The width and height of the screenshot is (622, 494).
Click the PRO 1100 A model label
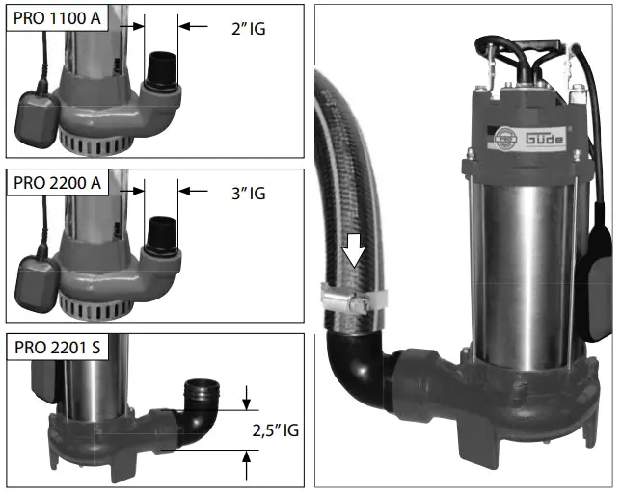(x=57, y=18)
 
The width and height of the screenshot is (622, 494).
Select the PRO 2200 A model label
(x=57, y=183)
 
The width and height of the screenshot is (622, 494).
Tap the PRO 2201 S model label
(x=58, y=348)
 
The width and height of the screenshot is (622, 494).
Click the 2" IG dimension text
(x=249, y=29)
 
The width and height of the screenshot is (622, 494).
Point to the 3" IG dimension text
(x=249, y=194)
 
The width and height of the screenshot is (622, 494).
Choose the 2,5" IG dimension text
(x=275, y=430)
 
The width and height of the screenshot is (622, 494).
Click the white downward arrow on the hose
(x=353, y=249)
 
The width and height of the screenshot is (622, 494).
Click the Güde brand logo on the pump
(x=545, y=139)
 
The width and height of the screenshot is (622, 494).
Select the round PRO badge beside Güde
(x=504, y=140)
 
